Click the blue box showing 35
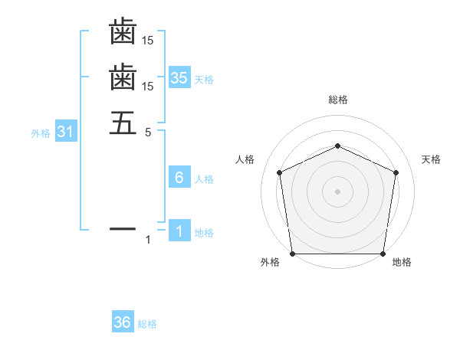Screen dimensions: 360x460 (179, 77)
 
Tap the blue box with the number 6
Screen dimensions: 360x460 (179, 178)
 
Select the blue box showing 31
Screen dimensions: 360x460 (65, 132)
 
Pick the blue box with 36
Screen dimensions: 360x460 (123, 322)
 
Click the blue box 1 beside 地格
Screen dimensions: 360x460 (179, 231)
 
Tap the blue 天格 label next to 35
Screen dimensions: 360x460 (205, 80)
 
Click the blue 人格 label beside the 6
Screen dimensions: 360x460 (205, 180)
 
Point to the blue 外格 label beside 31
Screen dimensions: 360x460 (41, 133)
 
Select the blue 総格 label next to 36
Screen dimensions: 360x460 (147, 325)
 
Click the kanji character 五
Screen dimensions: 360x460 (123, 123)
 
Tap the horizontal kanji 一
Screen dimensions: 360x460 (123, 228)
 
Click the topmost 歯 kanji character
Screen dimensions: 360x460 (123, 32)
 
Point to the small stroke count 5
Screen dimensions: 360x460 (149, 131)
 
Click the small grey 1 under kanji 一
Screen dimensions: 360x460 (149, 241)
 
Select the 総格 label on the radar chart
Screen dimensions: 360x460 (337, 100)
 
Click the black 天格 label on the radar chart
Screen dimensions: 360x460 (432, 159)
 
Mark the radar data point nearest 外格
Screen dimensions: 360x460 (292, 254)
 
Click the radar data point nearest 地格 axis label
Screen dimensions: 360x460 (383, 254)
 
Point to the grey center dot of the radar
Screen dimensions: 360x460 (337, 191)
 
